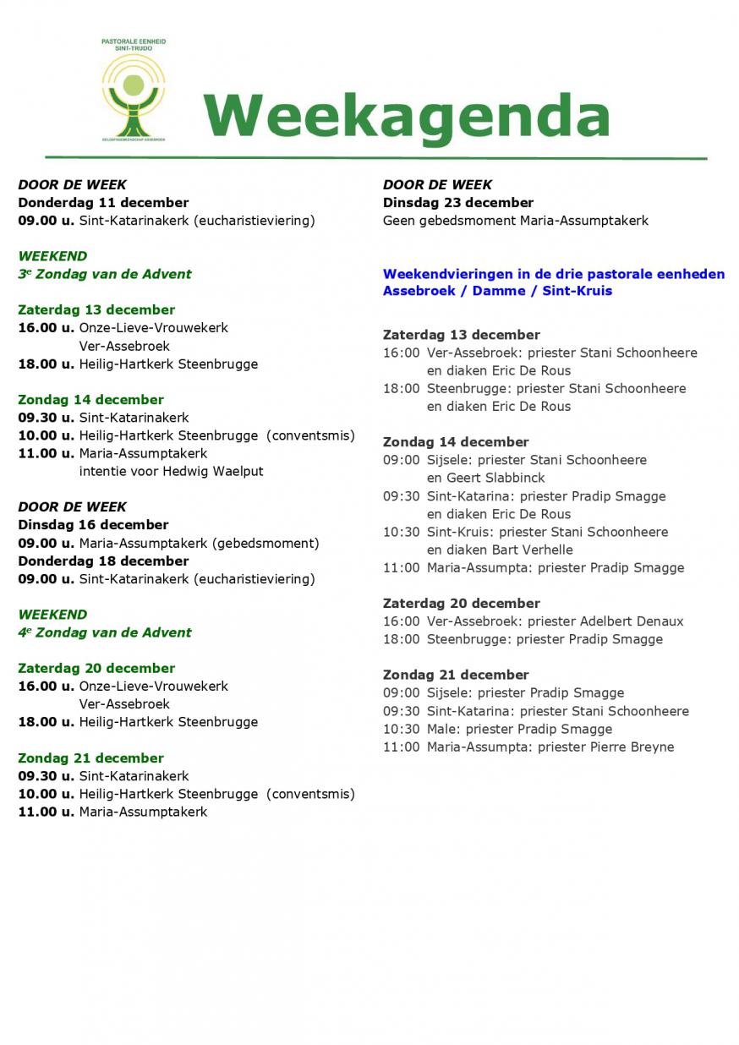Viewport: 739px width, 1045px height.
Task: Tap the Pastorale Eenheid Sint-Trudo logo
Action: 133,89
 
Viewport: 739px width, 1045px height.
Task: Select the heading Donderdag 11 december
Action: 103,203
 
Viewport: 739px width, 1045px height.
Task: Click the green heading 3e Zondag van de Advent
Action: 105,274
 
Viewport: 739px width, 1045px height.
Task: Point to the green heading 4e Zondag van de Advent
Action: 105,632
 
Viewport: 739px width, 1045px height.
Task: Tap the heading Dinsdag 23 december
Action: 458,203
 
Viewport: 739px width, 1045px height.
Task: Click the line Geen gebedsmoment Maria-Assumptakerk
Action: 516,221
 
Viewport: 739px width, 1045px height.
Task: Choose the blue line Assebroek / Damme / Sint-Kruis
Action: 497,291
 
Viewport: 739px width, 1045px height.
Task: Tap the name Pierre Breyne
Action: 634,747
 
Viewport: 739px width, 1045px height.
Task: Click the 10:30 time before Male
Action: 401,730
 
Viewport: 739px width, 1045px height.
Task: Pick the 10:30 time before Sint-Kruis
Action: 401,533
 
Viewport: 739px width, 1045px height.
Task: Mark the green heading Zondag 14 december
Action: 90,400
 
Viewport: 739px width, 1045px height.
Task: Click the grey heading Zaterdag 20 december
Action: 461,604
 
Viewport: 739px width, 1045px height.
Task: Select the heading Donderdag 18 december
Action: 103,561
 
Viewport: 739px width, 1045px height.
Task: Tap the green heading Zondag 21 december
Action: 90,758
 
